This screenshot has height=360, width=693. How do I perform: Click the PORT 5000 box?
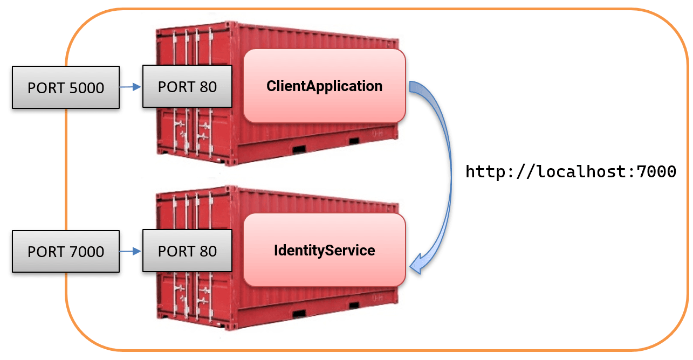coord(65,87)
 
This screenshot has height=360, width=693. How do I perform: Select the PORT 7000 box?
coord(65,251)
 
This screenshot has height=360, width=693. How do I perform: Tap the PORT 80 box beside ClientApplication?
coord(187,87)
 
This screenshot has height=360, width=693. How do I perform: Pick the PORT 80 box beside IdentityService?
coord(187,251)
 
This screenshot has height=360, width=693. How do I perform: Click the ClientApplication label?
coord(324,86)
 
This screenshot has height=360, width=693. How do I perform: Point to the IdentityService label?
coord(324,250)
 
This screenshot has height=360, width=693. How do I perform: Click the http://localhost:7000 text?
coord(570,172)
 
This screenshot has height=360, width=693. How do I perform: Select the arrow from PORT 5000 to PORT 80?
coord(130,87)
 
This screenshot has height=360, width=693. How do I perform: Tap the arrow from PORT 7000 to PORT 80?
coord(130,251)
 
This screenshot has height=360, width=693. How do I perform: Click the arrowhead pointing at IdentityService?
coord(418,262)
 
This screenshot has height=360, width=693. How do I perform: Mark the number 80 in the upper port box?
coord(208,87)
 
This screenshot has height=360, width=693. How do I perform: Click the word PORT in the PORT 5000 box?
coord(44,87)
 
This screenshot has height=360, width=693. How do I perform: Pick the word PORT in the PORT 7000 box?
coord(44,251)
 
